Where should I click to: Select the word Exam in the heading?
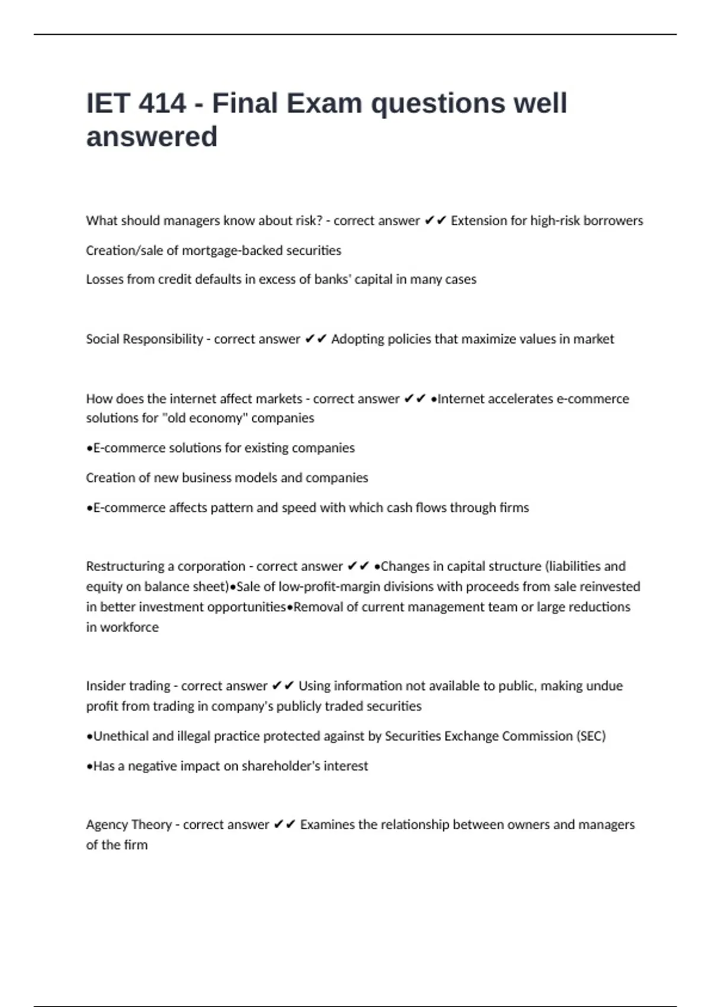(x=324, y=104)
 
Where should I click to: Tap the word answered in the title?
(x=152, y=137)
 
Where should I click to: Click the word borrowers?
(x=613, y=221)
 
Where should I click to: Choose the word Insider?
(x=105, y=686)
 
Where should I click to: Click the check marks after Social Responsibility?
(x=315, y=339)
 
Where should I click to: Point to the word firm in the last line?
(x=136, y=845)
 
